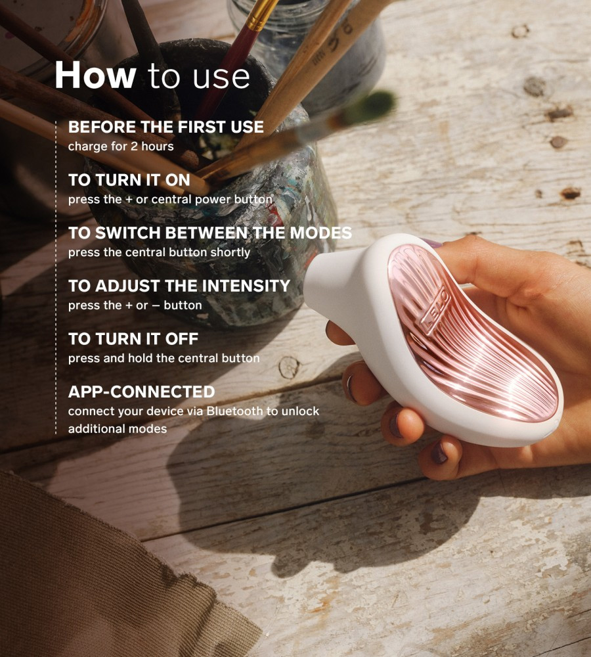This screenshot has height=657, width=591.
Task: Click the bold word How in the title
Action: click(x=95, y=75)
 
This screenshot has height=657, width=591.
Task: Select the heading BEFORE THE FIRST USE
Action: click(x=166, y=127)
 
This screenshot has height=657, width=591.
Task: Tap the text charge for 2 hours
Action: click(x=121, y=147)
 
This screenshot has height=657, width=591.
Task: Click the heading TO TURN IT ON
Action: click(x=129, y=180)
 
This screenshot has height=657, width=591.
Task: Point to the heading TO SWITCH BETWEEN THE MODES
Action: click(x=210, y=233)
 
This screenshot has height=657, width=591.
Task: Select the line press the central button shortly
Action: click(x=159, y=252)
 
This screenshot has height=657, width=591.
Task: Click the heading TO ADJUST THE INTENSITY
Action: click(x=179, y=286)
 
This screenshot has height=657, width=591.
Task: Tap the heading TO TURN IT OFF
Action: click(x=133, y=338)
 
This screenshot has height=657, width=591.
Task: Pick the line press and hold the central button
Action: click(x=164, y=358)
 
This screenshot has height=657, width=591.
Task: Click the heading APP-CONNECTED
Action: click(x=142, y=392)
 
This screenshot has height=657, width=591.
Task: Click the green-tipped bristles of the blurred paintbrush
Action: click(x=375, y=104)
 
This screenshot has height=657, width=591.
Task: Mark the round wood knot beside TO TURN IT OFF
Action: click(x=289, y=367)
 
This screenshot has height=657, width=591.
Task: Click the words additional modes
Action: click(x=118, y=428)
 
